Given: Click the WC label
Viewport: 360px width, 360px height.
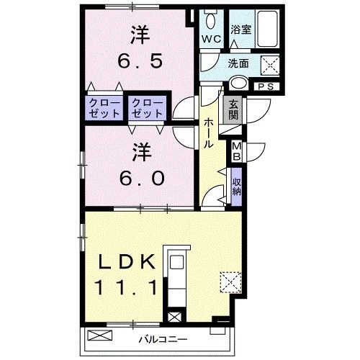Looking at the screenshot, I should [x=211, y=38].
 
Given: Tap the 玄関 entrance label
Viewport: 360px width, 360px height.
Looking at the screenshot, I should [x=234, y=112].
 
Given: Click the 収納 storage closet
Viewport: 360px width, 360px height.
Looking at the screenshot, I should [x=236, y=186].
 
